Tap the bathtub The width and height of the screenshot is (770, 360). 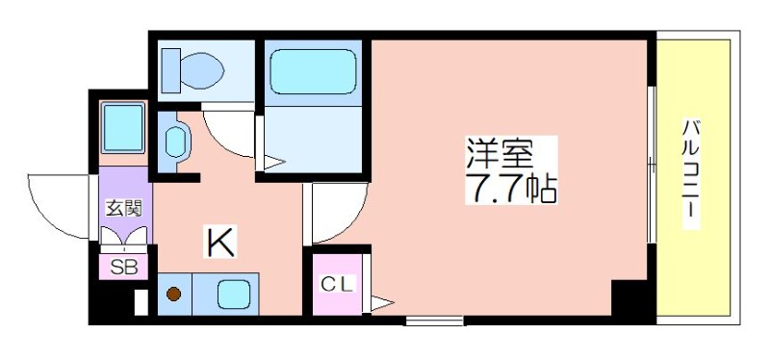[x=313, y=70]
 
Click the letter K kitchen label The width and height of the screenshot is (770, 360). [x=219, y=243]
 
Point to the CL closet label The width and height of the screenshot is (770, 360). [x=338, y=284]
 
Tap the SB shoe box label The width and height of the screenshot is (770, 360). [x=122, y=268]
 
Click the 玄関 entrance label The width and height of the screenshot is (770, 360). [x=123, y=207]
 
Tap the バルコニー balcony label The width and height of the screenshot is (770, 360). [x=690, y=173]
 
